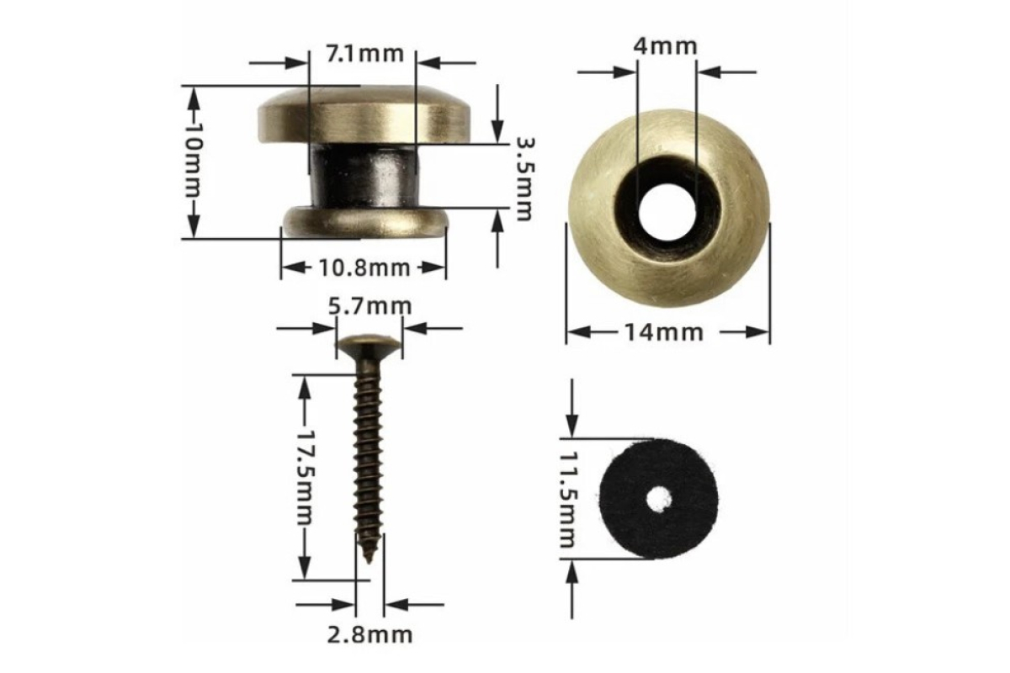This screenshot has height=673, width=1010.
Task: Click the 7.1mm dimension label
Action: click(x=364, y=54)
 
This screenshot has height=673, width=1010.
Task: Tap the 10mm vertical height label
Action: click(x=194, y=160)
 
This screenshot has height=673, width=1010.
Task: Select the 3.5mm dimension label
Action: click(x=524, y=179)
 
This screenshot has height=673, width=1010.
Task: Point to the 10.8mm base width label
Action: click(x=364, y=268)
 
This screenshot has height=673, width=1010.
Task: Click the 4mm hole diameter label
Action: click(x=666, y=47)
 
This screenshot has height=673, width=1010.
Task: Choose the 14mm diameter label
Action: click(x=664, y=332)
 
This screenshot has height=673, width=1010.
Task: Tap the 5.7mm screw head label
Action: click(x=369, y=306)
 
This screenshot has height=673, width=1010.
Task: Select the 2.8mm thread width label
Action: click(x=369, y=634)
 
